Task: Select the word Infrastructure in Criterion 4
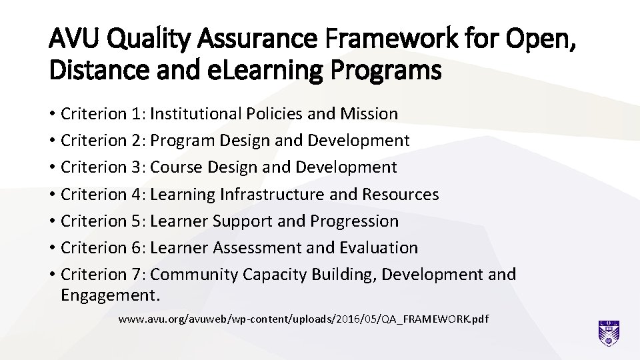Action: pos(287,194)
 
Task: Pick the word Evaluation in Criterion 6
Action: pos(379,247)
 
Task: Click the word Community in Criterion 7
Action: pos(194,274)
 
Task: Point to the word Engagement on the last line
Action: pos(109,294)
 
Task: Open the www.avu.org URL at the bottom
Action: pos(303,319)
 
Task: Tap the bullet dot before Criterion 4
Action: pos(53,195)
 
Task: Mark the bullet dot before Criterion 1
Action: pos(53,115)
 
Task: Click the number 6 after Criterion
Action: pos(138,247)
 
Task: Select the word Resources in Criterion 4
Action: pos(400,194)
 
